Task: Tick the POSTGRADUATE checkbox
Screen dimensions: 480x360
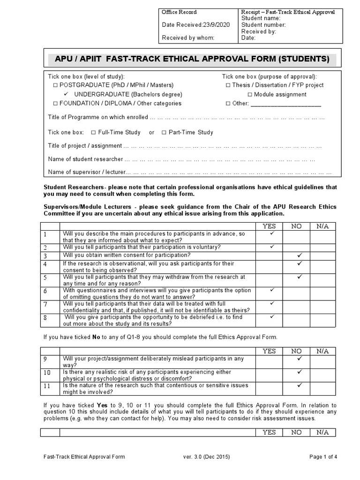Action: (x=55, y=85)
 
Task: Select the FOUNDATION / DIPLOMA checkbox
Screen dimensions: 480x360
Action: (x=55, y=104)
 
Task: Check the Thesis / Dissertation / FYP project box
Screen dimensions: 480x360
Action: (x=228, y=85)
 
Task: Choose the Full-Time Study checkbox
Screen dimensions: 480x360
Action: (x=93, y=133)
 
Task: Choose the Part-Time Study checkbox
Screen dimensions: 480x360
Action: (x=164, y=133)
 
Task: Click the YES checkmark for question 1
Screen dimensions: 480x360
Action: (x=271, y=233)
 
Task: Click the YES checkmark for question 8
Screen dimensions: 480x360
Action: (x=271, y=317)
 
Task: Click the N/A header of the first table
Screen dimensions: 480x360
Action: (x=322, y=226)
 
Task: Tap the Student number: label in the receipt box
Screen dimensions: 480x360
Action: (x=263, y=25)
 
